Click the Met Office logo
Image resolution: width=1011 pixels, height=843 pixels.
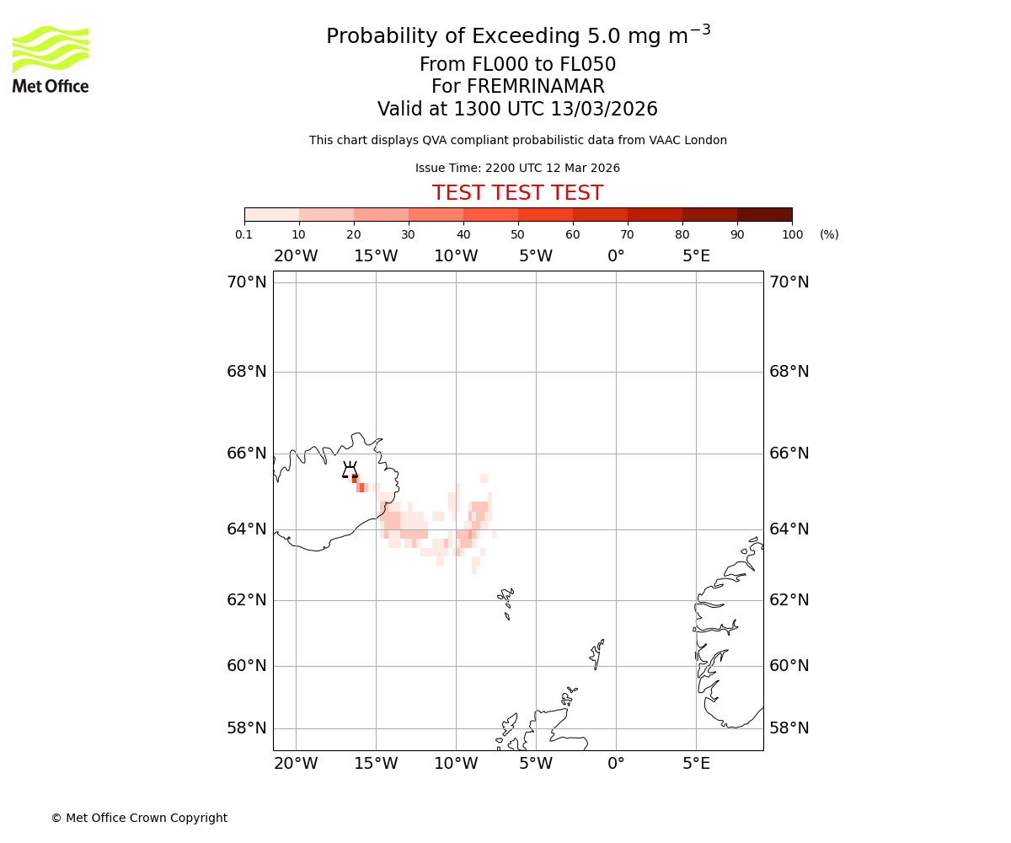[x=51, y=59]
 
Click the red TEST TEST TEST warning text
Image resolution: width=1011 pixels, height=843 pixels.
[x=517, y=193]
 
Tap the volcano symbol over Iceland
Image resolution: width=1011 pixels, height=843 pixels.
[x=350, y=470]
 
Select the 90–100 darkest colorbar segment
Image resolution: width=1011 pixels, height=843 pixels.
[x=764, y=214]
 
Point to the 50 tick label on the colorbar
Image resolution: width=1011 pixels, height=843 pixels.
[x=517, y=234]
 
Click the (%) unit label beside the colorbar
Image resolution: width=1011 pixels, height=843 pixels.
[x=829, y=234]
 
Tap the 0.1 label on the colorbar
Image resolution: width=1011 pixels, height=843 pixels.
[x=244, y=234]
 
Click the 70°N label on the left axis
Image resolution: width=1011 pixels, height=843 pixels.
[x=246, y=282]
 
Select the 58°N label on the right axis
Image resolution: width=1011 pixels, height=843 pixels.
[x=789, y=728]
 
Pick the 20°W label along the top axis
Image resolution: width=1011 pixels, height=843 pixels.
[x=296, y=256]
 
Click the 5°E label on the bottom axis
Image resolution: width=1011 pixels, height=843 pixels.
[x=696, y=764]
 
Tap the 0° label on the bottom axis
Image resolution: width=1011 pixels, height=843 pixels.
[x=616, y=764]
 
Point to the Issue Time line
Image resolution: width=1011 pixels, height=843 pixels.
[x=517, y=168]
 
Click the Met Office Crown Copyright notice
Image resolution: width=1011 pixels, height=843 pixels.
[x=139, y=818]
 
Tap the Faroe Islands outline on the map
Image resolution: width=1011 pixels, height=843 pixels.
[x=506, y=600]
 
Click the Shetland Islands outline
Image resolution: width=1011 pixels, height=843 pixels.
[x=597, y=652]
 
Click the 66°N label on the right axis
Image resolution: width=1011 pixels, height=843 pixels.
[x=789, y=453]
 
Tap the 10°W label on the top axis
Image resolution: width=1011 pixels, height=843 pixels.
[x=456, y=256]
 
